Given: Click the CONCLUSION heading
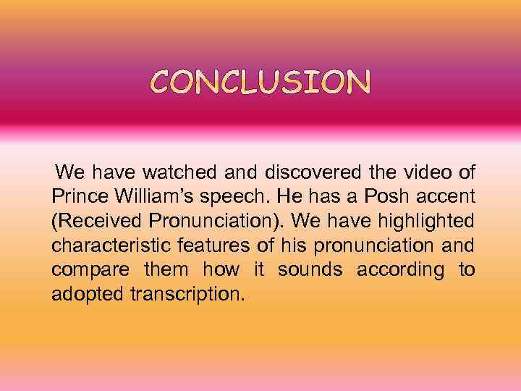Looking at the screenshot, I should (260, 83).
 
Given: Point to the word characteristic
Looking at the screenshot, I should (109, 246).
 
